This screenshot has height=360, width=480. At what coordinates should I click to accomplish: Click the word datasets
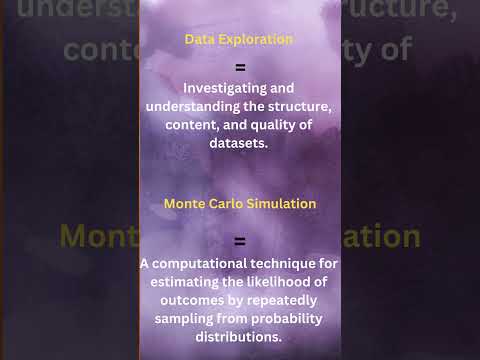(x=239, y=143)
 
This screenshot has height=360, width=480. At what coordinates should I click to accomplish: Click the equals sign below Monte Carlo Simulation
(x=239, y=241)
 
